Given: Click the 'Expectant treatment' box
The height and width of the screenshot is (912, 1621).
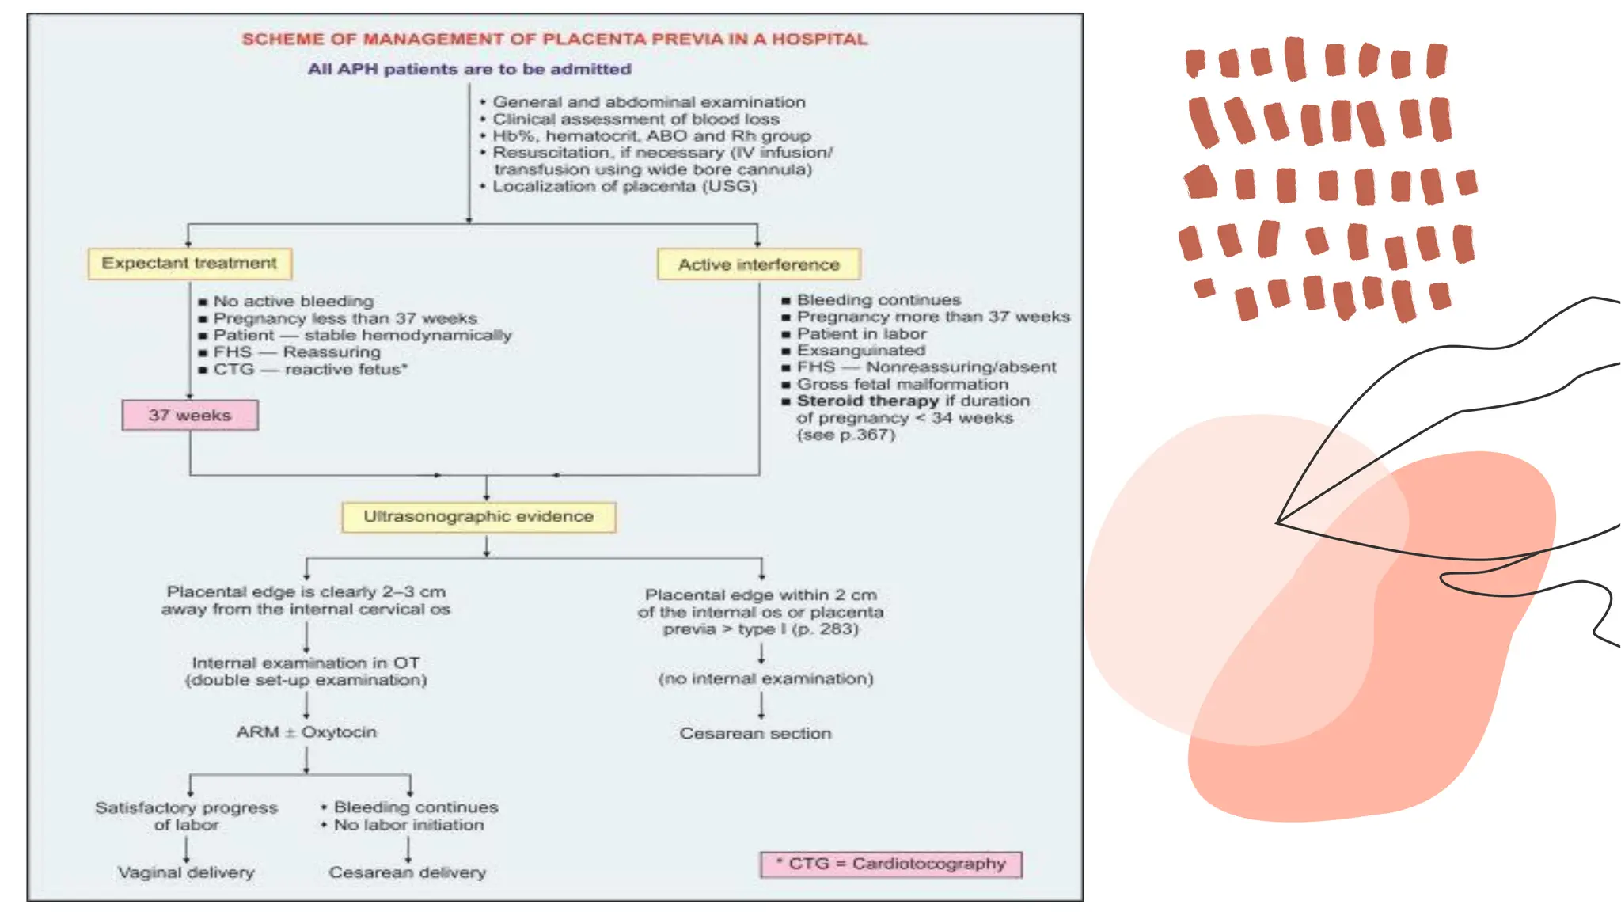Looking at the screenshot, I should point(189,264).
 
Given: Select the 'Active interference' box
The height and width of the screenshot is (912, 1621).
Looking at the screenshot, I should point(758,264).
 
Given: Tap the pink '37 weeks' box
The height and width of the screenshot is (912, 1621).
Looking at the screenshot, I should point(190,416).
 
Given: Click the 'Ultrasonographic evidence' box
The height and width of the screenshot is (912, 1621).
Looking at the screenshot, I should point(478,517).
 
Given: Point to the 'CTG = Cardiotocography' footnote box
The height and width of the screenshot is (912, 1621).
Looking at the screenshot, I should point(890,864).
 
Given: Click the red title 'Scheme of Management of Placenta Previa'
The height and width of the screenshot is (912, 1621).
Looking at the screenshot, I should point(554,40).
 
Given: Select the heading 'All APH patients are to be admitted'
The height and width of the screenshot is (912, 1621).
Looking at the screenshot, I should point(469,70).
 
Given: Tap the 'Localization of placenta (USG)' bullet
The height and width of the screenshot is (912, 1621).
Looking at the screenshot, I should point(624,187).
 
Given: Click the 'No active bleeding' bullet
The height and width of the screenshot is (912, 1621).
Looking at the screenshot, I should point(293,302).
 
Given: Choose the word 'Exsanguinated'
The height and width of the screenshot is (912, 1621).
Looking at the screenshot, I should point(860,351).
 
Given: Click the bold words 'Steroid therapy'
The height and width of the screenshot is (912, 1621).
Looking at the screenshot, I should point(867,401).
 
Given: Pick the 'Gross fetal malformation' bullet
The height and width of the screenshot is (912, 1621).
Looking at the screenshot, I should point(902,385).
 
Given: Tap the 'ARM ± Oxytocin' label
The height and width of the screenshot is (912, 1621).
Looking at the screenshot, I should point(306,732).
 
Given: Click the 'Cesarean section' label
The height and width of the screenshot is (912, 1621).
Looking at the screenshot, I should point(755,734).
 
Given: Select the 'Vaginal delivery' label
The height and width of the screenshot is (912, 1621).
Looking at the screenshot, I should point(186,872).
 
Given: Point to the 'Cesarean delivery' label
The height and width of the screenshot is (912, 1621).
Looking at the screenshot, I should point(407,872).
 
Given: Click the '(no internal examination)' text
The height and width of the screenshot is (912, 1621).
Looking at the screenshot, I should point(765,679).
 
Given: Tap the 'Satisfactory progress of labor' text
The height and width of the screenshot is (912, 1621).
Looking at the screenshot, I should point(186,816).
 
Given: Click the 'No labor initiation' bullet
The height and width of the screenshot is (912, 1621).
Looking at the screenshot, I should point(408,825).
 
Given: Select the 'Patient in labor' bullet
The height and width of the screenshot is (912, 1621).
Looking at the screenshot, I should point(861,334).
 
